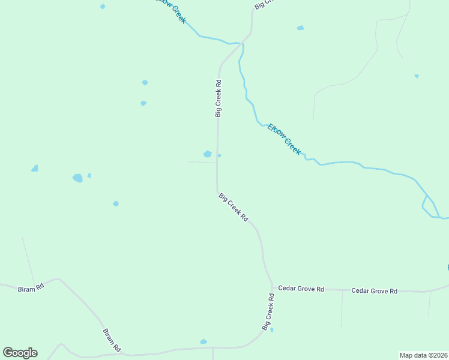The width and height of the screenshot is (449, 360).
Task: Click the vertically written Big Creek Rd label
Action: pyautogui.click(x=219, y=98)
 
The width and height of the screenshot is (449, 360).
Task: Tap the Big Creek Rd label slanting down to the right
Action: pyautogui.click(x=234, y=208)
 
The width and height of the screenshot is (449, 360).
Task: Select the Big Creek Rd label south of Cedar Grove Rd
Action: pyautogui.click(x=268, y=311)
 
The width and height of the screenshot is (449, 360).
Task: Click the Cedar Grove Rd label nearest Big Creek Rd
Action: pyautogui.click(x=301, y=289)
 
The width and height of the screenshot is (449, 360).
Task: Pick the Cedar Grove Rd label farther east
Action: pyautogui.click(x=374, y=291)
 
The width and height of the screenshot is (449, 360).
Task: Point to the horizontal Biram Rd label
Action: pyautogui.click(x=31, y=287)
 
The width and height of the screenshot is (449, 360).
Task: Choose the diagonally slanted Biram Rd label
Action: pyautogui.click(x=112, y=340)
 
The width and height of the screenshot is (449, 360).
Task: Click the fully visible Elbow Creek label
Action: pyautogui.click(x=284, y=139)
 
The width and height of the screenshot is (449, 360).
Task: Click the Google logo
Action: pyautogui.click(x=20, y=353)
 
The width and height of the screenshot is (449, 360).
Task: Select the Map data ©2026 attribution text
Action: pyautogui.click(x=423, y=355)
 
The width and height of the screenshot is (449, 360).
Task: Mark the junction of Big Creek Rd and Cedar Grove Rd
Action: pyautogui.click(x=271, y=287)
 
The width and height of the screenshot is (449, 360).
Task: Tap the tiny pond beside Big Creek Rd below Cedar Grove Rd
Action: pyautogui.click(x=272, y=329)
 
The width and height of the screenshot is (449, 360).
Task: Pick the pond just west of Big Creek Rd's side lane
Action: pyautogui.click(x=207, y=154)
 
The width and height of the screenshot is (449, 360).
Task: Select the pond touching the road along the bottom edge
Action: pyautogui.click(x=203, y=342)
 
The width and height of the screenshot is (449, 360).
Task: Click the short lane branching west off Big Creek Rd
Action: pyautogui.click(x=202, y=162)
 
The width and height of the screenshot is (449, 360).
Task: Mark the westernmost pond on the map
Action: pyautogui.click(x=35, y=169)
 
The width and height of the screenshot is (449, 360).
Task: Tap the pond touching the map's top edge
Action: pyautogui.click(x=103, y=7)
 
